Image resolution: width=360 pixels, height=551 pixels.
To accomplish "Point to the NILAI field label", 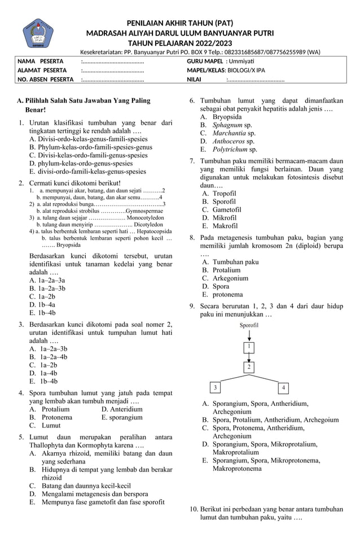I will [194, 80].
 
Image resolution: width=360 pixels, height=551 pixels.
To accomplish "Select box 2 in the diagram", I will [249, 367].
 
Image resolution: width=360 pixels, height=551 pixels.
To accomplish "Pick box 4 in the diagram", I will [284, 388].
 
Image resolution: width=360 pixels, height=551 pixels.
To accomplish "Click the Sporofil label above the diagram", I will [249, 326].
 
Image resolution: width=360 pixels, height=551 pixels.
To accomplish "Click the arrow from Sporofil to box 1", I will [249, 335].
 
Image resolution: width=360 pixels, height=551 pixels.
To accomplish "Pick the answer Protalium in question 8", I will [226, 270].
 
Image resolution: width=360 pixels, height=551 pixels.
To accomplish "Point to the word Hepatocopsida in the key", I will [151, 231].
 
